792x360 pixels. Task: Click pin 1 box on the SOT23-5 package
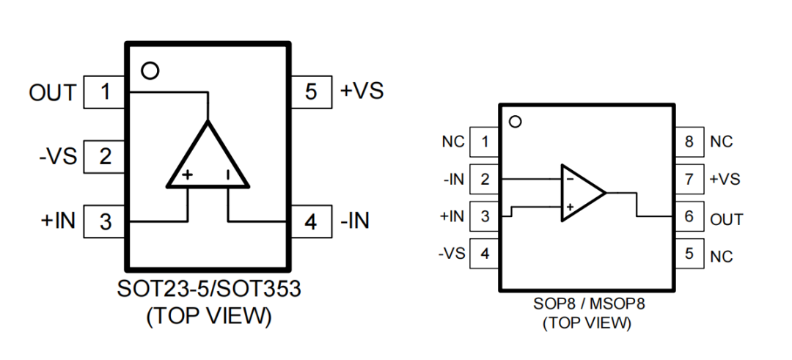click(106, 93)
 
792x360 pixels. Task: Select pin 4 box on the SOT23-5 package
click(311, 221)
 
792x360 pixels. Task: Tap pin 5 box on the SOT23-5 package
click(311, 93)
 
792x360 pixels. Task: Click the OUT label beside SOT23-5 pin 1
click(52, 93)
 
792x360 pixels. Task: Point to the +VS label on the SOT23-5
click(362, 92)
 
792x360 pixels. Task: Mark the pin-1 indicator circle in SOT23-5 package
click(150, 71)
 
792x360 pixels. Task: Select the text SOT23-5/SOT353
click(208, 289)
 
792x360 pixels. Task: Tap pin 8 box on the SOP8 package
click(689, 142)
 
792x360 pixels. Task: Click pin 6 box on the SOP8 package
click(689, 218)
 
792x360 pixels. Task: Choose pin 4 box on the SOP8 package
click(484, 254)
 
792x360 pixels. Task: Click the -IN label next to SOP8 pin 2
click(452, 179)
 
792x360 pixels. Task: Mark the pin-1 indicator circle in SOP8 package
click(515, 122)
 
